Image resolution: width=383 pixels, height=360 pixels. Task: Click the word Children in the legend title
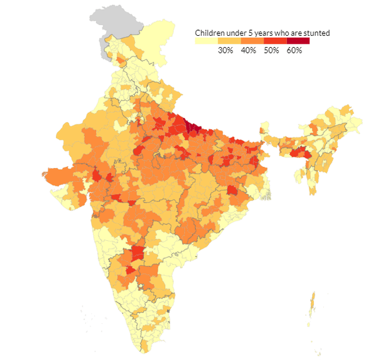tap(210, 33)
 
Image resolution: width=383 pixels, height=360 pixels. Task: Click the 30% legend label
tap(225, 50)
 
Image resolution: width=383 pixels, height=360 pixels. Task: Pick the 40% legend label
tap(249, 50)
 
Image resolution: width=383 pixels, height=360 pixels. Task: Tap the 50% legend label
tap(271, 50)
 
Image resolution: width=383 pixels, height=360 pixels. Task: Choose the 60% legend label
tap(294, 50)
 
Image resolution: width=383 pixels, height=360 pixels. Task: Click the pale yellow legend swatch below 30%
tap(207, 41)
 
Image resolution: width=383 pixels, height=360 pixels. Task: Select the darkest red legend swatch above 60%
tap(298, 41)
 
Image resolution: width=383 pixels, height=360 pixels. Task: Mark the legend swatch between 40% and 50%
tap(252, 41)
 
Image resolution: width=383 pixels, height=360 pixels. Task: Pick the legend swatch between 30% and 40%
tap(229, 41)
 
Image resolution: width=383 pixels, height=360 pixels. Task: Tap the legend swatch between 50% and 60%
tap(275, 41)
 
